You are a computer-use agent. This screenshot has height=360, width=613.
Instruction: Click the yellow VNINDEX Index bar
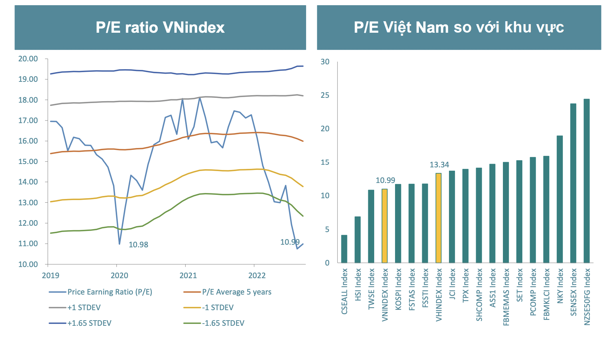pyautogui.click(x=385, y=226)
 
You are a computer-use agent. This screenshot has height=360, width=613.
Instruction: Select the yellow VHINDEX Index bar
pyautogui.click(x=439, y=218)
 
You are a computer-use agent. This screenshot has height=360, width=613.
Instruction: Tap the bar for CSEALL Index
pyautogui.click(x=344, y=249)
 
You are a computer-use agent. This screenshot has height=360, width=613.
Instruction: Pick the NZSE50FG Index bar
pyautogui.click(x=587, y=181)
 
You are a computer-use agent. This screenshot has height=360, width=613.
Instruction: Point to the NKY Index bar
pyautogui.click(x=560, y=199)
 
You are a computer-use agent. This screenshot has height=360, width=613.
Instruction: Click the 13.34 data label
pyautogui.click(x=439, y=165)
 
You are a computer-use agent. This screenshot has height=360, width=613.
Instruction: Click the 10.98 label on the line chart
pyautogui.click(x=138, y=245)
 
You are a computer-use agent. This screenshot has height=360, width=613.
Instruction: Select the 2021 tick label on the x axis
pyautogui.click(x=188, y=276)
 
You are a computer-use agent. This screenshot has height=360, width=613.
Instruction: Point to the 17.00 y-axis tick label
pyautogui.click(x=28, y=120)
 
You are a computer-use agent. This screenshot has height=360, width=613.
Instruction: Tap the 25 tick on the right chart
pyautogui.click(x=325, y=95)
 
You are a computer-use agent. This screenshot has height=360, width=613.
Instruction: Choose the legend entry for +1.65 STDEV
pyautogui.click(x=89, y=323)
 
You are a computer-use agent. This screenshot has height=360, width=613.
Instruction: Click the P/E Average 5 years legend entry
pyautogui.click(x=237, y=292)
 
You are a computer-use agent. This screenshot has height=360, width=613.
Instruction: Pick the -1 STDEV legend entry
pyautogui.click(x=218, y=308)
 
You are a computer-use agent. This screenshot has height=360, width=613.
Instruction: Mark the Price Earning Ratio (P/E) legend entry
pyautogui.click(x=110, y=292)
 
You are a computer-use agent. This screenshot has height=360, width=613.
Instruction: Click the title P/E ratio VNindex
pyautogui.click(x=160, y=28)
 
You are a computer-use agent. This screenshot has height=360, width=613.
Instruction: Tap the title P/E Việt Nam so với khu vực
pyautogui.click(x=459, y=28)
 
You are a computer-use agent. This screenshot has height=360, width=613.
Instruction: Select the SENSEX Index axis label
pyautogui.click(x=573, y=292)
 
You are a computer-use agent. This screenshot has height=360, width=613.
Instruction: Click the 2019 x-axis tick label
pyautogui.click(x=51, y=276)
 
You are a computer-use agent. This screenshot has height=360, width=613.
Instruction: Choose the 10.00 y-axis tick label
pyautogui.click(x=28, y=264)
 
